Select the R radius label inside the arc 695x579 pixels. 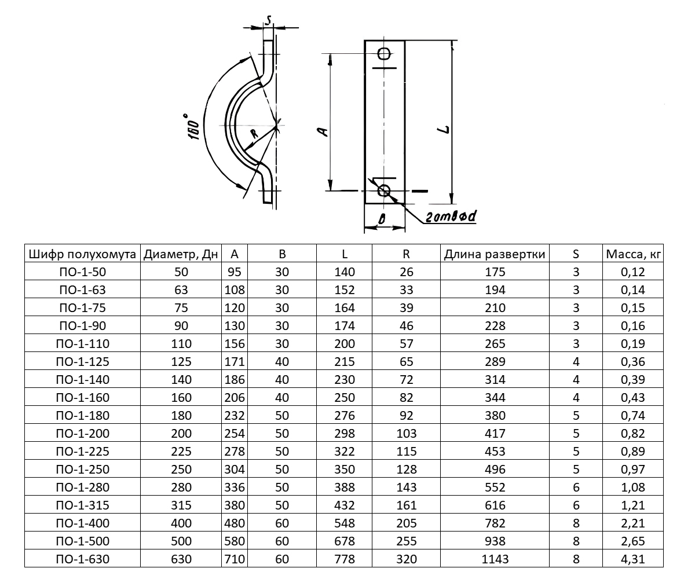(x=254, y=133)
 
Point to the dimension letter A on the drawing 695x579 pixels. (x=323, y=132)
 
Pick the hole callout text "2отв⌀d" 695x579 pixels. (x=451, y=217)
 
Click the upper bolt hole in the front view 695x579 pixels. (x=385, y=53)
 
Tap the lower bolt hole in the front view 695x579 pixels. (x=384, y=190)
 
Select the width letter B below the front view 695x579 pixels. (x=382, y=219)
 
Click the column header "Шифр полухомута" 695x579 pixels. (x=82, y=254)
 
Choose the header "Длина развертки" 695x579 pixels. (x=495, y=254)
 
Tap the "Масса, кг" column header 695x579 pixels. (x=633, y=254)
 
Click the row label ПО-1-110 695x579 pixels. (x=83, y=343)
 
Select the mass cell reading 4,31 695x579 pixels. (x=633, y=559)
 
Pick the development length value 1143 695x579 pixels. (x=495, y=559)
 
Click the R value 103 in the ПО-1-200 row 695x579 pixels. (x=407, y=433)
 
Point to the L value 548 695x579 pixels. (x=345, y=523)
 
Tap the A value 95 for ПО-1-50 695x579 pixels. (x=235, y=272)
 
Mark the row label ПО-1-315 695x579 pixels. (x=83, y=505)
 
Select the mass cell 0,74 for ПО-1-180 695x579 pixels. (x=633, y=415)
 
